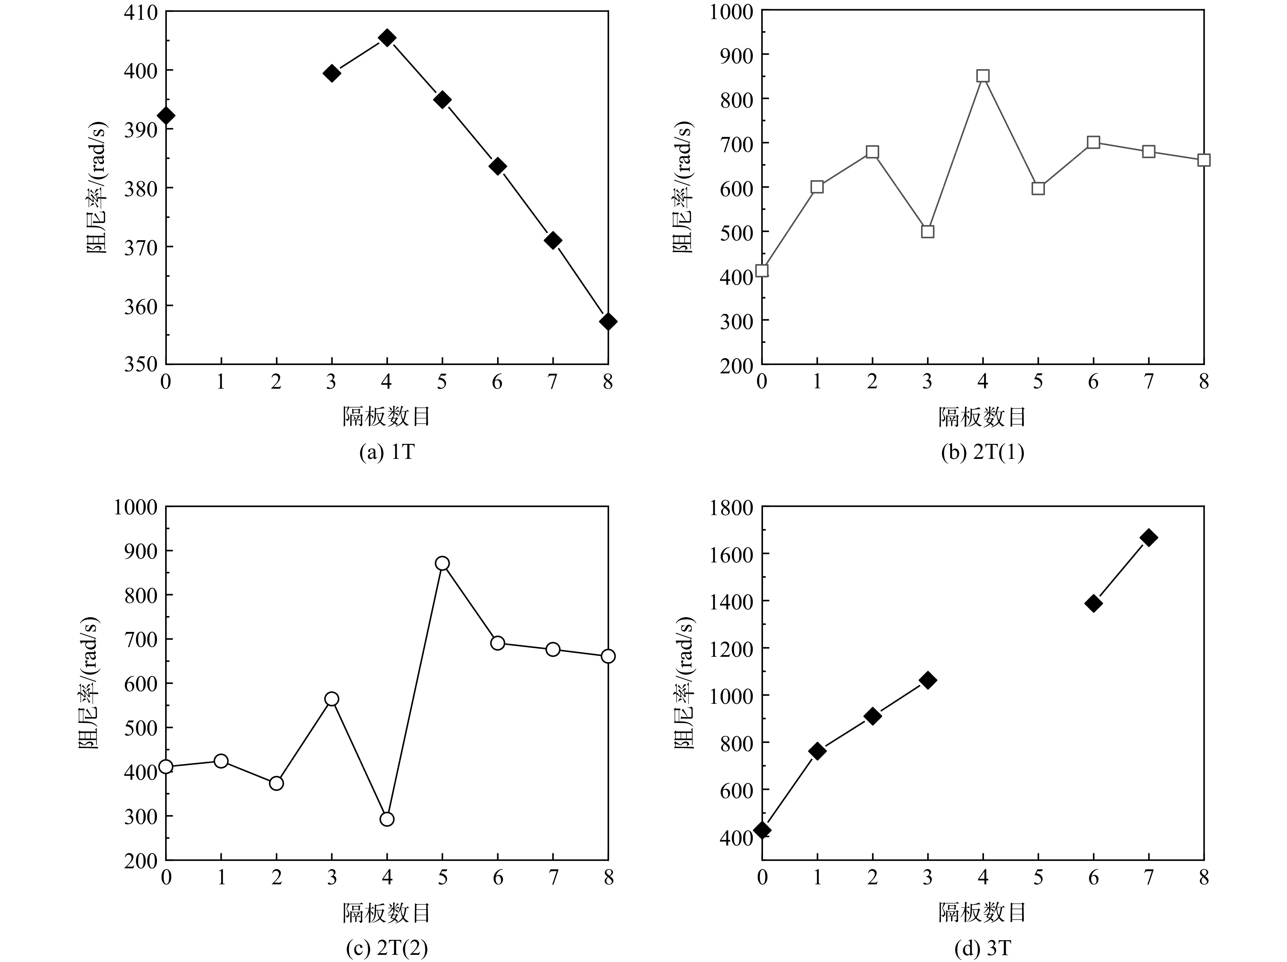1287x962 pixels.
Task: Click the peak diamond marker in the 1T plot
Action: (387, 38)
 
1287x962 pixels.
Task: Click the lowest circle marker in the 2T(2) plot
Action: (387, 819)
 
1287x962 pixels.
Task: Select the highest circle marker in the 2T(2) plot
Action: (442, 563)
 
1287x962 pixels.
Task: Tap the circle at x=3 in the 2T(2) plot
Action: (332, 699)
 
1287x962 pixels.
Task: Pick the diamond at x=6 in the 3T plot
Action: (1093, 603)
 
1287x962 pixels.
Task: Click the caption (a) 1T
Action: (387, 452)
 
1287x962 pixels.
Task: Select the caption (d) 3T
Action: (983, 949)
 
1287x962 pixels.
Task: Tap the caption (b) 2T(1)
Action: (983, 452)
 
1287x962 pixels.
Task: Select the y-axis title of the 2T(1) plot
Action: (683, 187)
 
